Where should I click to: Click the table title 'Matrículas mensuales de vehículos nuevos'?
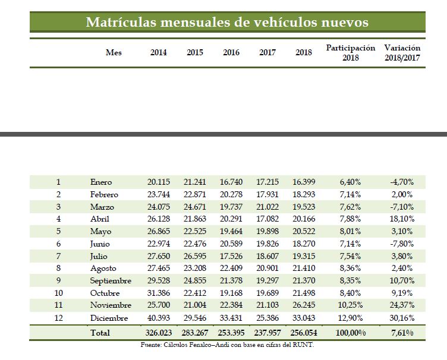click(227, 23)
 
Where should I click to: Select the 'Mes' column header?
click(114, 52)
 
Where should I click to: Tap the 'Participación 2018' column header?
click(351, 52)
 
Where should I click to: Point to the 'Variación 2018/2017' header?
click(402, 52)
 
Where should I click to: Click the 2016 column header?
click(231, 52)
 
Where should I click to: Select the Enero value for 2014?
click(159, 182)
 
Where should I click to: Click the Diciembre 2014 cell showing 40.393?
click(159, 318)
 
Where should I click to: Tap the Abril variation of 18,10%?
click(402, 219)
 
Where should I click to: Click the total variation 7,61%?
click(403, 333)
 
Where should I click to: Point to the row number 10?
click(58, 293)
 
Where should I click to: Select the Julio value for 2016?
click(231, 256)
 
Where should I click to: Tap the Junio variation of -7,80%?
click(402, 244)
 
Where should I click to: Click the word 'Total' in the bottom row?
click(99, 333)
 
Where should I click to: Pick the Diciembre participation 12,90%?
click(351, 318)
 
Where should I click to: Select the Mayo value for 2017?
click(267, 231)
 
